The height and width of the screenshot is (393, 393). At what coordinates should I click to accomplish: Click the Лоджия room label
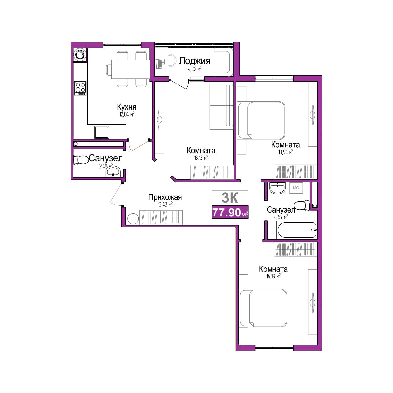195,61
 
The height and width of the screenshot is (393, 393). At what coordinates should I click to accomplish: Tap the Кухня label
127,107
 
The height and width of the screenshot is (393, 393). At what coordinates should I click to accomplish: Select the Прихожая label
165,197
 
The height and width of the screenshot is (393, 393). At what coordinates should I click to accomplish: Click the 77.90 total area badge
230,212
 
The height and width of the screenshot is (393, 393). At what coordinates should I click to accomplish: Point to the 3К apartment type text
230,197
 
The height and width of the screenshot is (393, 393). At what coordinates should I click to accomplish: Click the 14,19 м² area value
273,276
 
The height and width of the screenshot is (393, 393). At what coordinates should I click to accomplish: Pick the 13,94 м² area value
286,152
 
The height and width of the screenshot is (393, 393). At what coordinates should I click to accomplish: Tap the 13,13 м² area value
201,158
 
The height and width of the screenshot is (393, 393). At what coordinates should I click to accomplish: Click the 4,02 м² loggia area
195,69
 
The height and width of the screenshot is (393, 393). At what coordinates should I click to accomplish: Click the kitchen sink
102,132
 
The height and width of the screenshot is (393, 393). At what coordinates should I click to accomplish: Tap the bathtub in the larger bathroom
296,230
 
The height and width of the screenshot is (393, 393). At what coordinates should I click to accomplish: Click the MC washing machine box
296,188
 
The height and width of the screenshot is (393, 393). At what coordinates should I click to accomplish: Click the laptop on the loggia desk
160,64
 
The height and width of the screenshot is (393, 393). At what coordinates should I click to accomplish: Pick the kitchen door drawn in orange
139,146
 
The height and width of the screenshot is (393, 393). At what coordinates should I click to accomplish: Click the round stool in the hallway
133,218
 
